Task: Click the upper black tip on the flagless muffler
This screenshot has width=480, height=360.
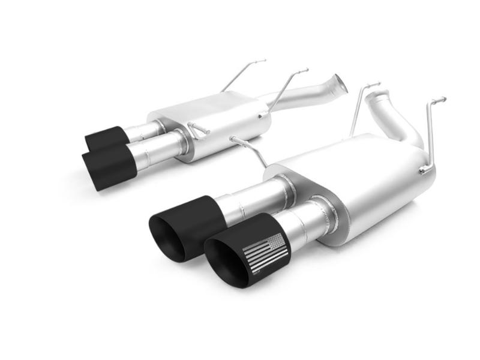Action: point(104,137)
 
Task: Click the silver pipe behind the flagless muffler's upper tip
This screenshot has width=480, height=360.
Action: point(144,129)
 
